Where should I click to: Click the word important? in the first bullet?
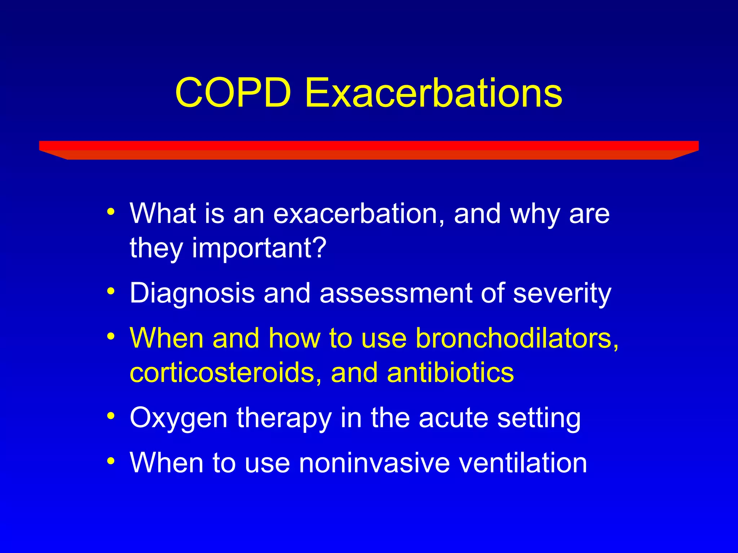(x=259, y=248)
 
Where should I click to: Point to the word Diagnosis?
(x=192, y=293)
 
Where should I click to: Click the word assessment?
(x=396, y=293)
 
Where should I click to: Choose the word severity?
(x=562, y=293)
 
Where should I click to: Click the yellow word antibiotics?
(x=450, y=373)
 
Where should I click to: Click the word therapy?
(x=284, y=418)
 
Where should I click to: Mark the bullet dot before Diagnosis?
(x=111, y=290)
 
